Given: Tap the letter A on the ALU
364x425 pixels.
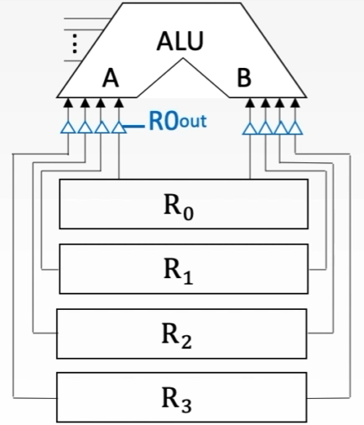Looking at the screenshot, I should click(109, 78).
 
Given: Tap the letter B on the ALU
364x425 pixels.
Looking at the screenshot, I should click(244, 78).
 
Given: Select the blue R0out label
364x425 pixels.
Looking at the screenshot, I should click(177, 123).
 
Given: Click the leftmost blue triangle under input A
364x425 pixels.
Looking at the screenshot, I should click(68, 128).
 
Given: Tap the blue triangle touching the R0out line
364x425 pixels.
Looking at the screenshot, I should click(118, 128).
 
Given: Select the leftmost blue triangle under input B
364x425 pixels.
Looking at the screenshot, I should click(249, 128).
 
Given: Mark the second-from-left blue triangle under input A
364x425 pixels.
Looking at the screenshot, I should click(85, 128).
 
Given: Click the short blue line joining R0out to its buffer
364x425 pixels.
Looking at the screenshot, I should click(136, 126).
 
